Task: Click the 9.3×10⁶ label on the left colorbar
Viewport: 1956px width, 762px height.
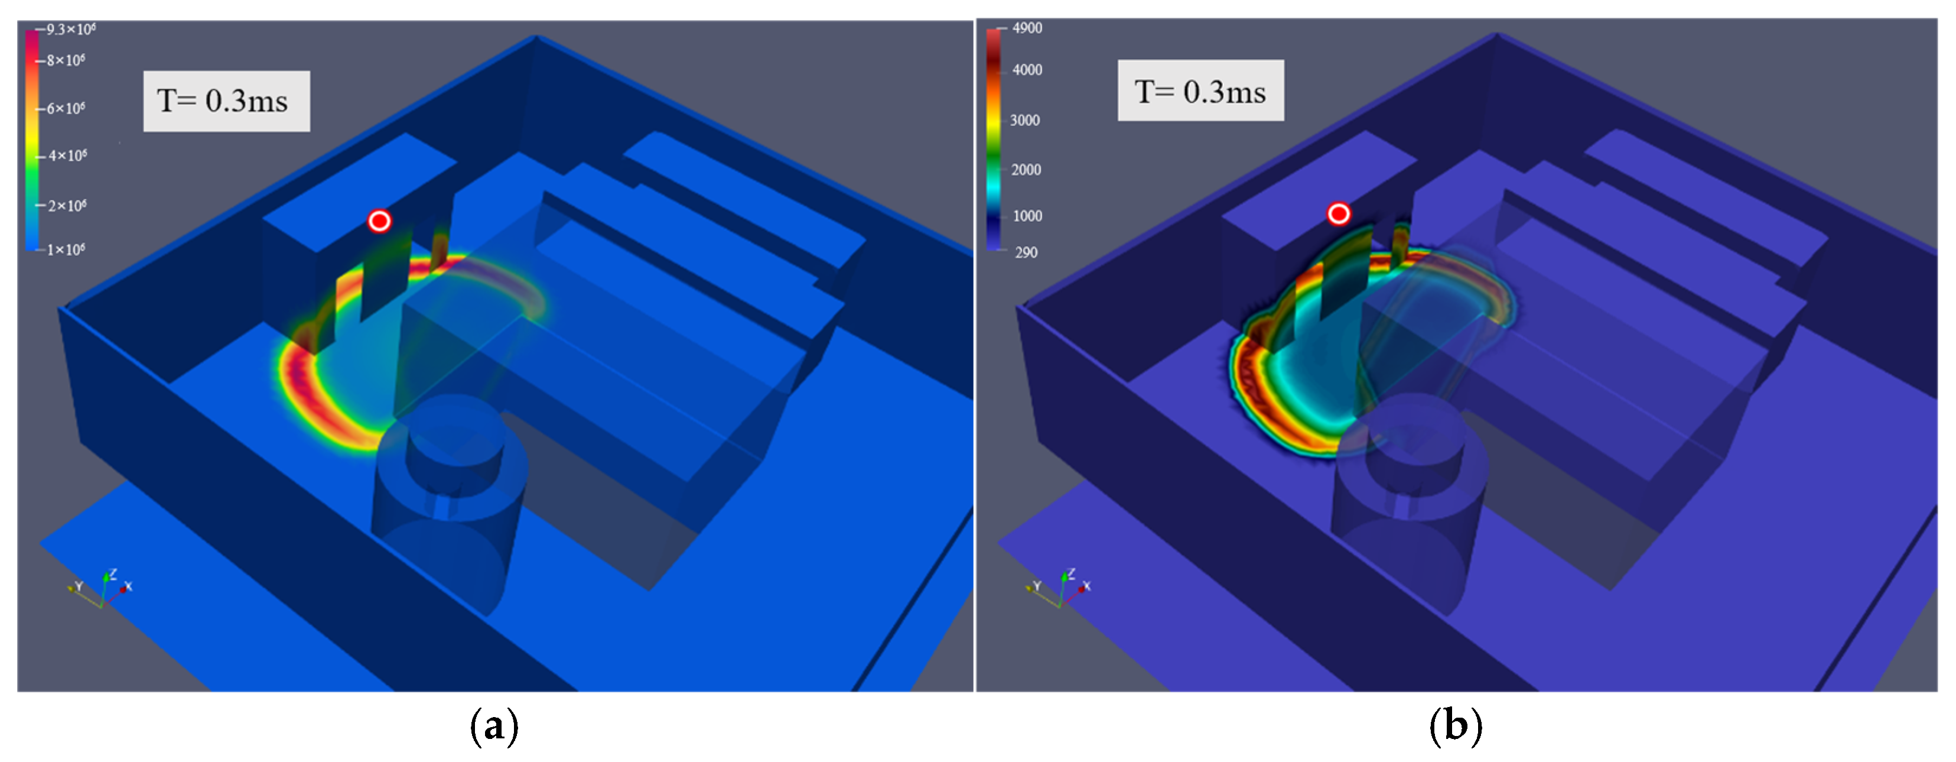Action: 71,30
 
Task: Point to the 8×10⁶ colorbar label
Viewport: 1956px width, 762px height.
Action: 66,60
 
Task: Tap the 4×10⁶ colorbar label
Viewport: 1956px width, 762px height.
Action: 67,155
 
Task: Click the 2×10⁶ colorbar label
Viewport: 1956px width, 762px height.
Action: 67,206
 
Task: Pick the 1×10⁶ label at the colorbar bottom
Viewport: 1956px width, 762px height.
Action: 66,249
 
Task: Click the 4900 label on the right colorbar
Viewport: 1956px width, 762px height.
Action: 1027,28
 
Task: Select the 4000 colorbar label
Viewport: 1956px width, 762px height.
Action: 1027,70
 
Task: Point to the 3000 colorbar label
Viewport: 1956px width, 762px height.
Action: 1025,120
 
